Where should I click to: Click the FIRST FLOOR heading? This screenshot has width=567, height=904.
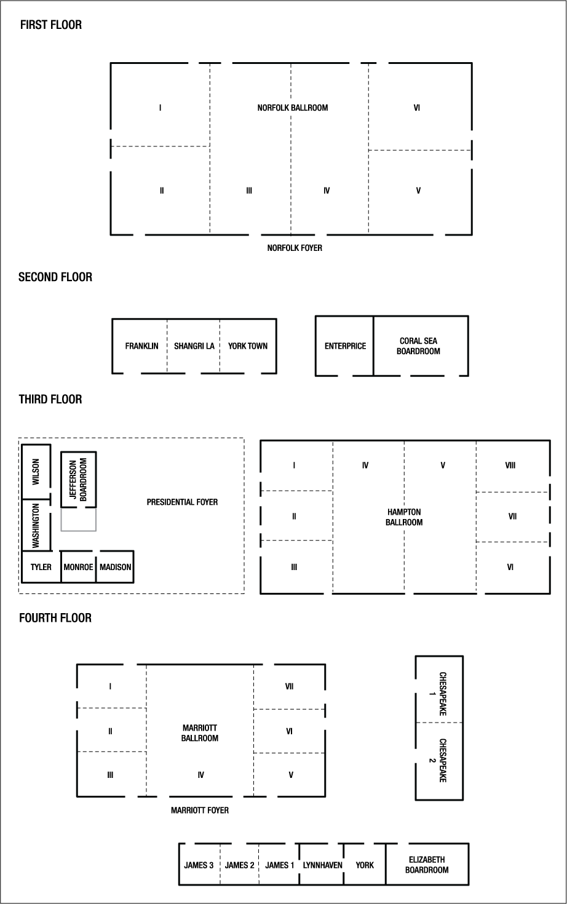pos(50,25)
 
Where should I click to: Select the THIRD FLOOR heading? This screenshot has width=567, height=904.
pos(50,399)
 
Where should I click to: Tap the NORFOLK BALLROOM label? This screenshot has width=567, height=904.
pos(292,108)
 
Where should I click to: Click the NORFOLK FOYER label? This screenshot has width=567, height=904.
pos(295,248)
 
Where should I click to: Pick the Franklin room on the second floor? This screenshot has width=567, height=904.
pos(141,346)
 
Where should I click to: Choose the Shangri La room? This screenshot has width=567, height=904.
pos(194,346)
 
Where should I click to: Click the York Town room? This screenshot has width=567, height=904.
pos(248,346)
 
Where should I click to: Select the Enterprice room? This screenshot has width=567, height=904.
pos(345,346)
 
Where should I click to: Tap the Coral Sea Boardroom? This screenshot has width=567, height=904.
pos(419,346)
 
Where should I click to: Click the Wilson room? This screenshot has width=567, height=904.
pos(36,472)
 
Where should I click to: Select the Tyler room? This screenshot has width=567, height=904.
pos(41,566)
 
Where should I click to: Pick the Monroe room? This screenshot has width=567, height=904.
pos(79,566)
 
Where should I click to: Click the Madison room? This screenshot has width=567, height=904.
pos(115,566)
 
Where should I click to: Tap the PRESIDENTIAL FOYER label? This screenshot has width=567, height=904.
pos(182,502)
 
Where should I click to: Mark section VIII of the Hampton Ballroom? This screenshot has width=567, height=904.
pos(510,466)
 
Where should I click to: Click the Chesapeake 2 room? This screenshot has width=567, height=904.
pos(440,760)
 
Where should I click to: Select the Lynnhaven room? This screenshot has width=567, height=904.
pos(322,865)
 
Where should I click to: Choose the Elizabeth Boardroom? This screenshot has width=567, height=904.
pos(427,865)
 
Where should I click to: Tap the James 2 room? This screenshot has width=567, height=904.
pos(239,865)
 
